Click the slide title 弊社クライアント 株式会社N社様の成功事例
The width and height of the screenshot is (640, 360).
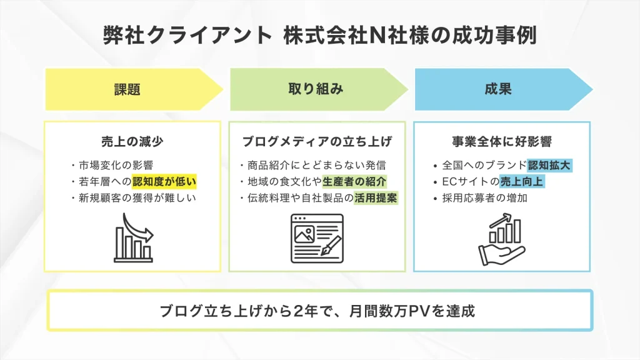[319, 36]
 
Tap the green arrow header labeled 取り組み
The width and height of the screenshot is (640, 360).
[316, 89]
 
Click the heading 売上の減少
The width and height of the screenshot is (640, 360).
[132, 141]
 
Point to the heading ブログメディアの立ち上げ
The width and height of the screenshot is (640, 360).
[317, 141]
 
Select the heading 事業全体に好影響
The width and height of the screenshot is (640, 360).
[502, 141]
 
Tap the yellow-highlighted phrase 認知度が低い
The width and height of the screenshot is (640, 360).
[164, 182]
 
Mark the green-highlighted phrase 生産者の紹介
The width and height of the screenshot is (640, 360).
[355, 182]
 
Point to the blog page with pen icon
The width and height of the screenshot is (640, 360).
[317, 237]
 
